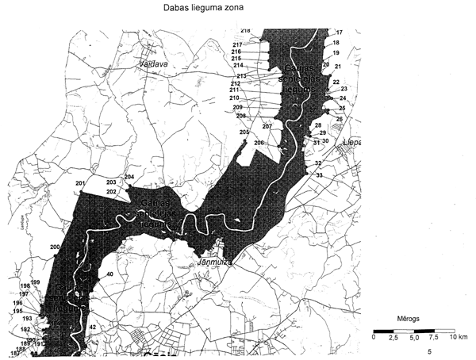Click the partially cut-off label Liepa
click(x=350, y=143)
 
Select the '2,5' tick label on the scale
click(x=391, y=337)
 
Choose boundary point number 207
click(x=267, y=127)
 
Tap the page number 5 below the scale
click(x=429, y=350)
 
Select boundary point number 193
click(x=27, y=318)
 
